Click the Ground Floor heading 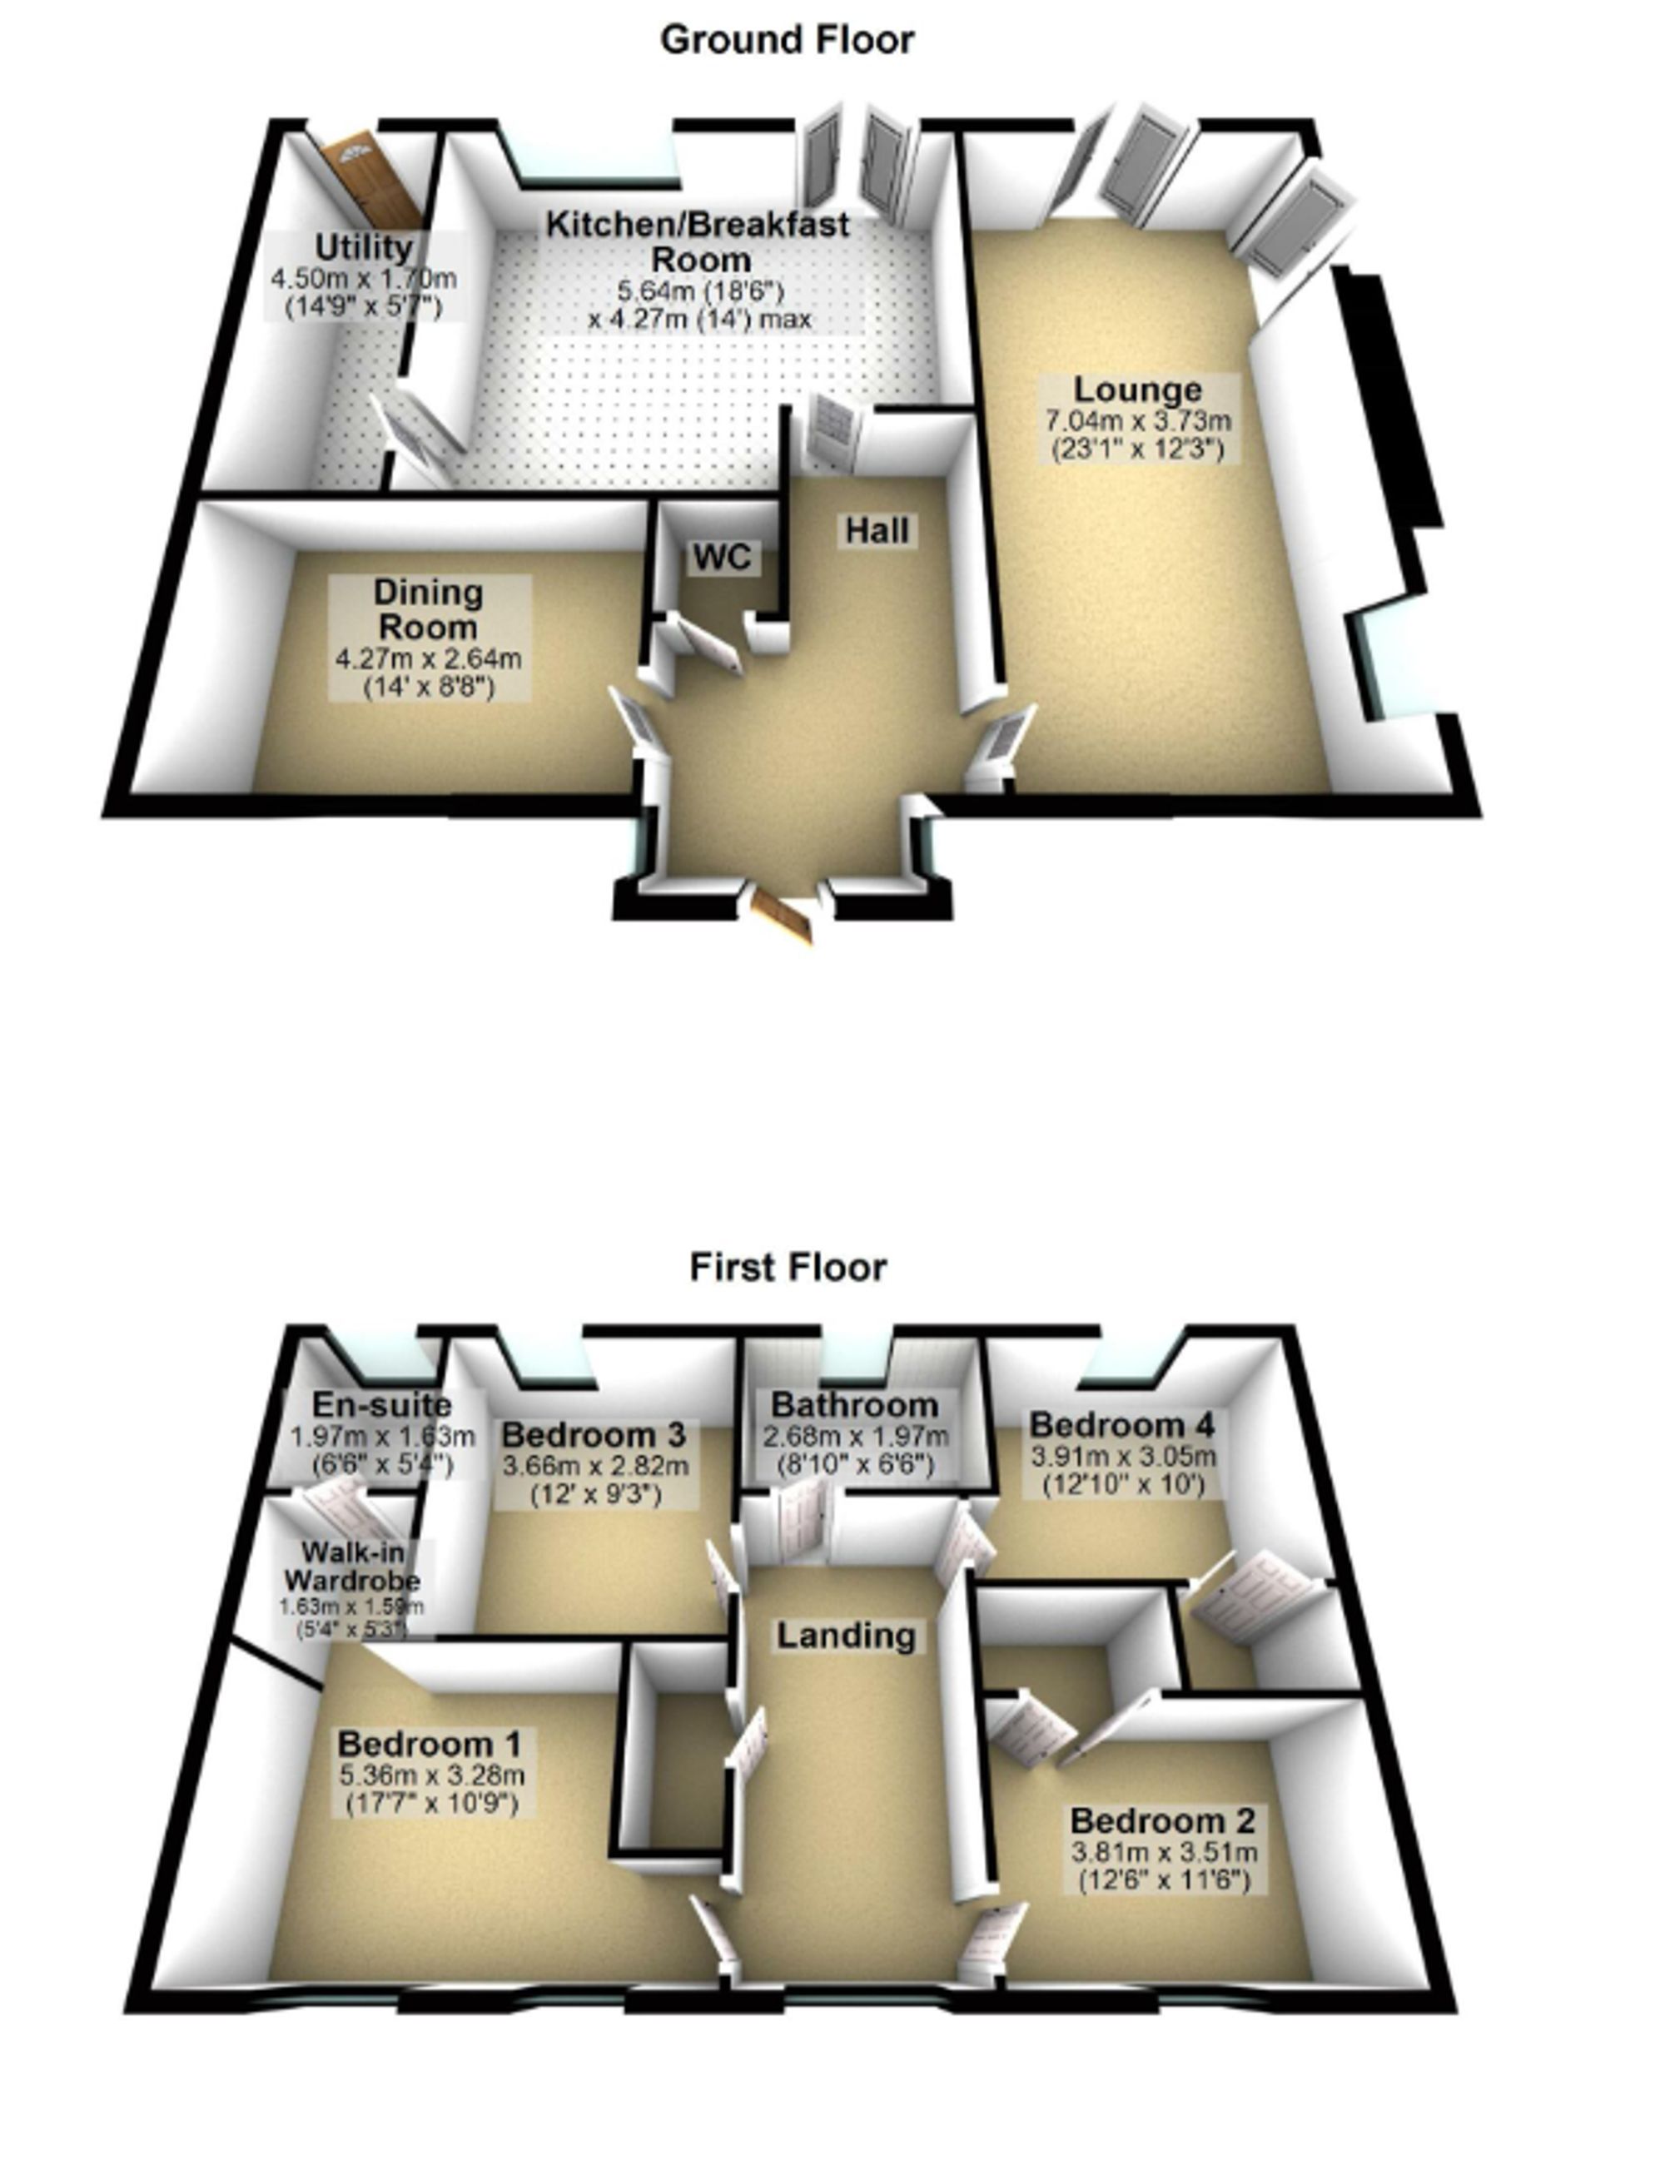787,40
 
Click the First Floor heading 788,1267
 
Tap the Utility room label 363,246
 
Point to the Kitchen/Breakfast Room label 698,241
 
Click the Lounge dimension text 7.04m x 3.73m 1139,420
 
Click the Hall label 877,531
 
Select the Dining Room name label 429,609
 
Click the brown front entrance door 783,916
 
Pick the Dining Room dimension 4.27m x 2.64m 429,658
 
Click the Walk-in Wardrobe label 352,1566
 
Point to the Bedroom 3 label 594,1434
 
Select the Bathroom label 855,1404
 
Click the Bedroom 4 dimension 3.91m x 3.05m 1123,1457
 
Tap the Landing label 846,1635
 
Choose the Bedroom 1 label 431,1743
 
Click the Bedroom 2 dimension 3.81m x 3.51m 1164,1851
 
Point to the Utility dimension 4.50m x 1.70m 363,278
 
